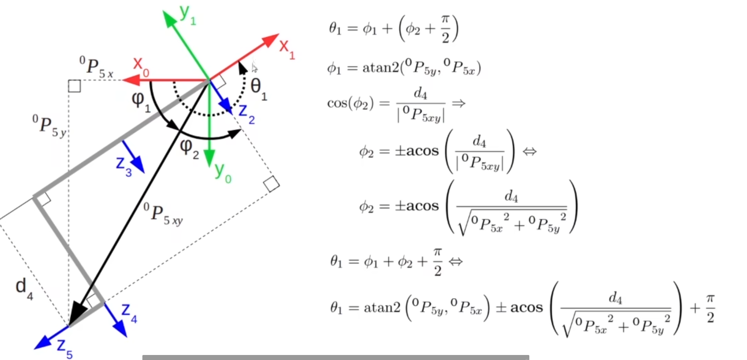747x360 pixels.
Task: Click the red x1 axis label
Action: (287, 48)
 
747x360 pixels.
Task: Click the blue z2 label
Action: (246, 114)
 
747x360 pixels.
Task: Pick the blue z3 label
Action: (124, 165)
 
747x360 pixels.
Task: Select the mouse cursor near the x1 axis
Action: (255, 68)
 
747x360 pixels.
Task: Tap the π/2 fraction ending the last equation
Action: (710, 308)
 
